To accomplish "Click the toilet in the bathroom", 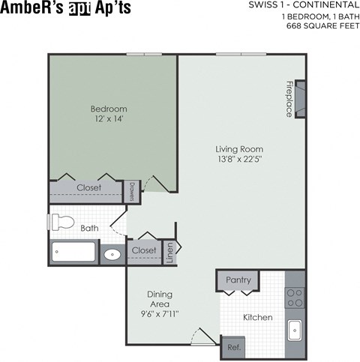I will point(61,223).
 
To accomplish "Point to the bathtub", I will point(73,252).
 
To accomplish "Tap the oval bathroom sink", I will point(112,253).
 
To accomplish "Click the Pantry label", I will point(238,280).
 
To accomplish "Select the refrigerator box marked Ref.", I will point(232,347).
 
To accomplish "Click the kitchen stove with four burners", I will point(295,289).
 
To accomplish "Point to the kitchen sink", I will point(295,328).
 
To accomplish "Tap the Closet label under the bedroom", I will point(89,187).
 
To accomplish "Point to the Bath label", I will point(89,228).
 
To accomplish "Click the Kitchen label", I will point(257,317).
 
